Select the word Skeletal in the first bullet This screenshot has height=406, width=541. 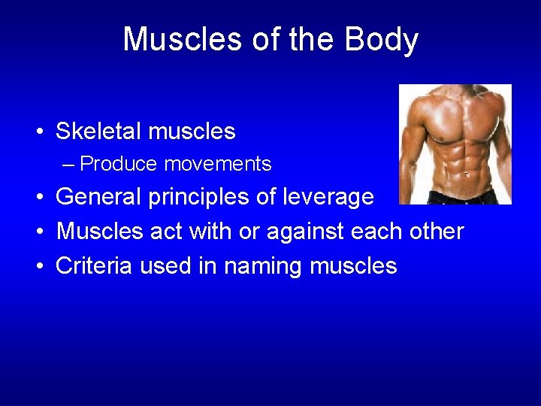coord(98,132)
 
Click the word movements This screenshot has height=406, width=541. coord(218,164)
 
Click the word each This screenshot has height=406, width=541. coord(379,232)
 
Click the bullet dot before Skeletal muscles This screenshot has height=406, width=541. coord(37,132)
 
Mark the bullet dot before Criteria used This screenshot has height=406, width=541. coord(37,267)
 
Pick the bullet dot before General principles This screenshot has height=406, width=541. coord(37,198)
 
